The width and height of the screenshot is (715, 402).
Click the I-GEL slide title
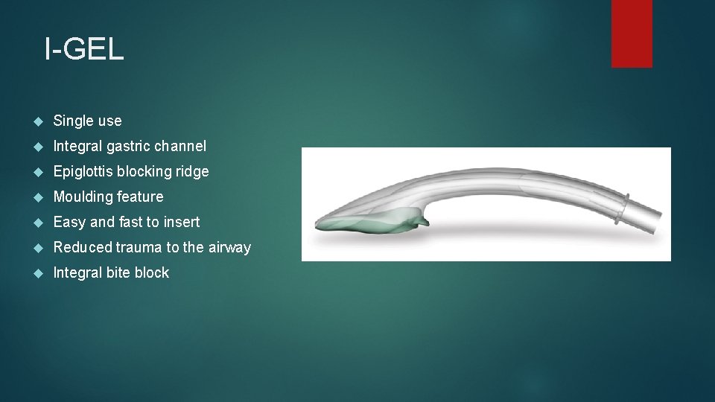pyautogui.click(x=83, y=50)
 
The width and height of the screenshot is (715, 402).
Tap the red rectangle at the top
pyautogui.click(x=632, y=33)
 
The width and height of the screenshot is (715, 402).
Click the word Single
pyautogui.click(x=73, y=121)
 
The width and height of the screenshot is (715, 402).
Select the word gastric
pyautogui.click(x=133, y=146)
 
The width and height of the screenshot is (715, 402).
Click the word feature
pyautogui.click(x=140, y=197)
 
